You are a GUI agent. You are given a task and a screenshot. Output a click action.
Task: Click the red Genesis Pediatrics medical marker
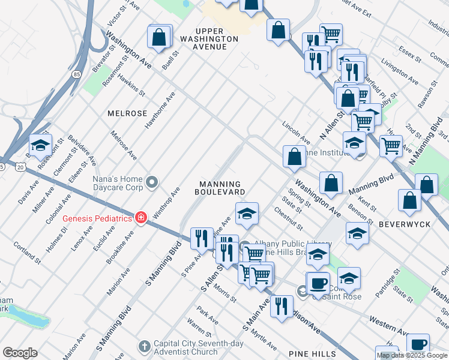pyautogui.click(x=140, y=217)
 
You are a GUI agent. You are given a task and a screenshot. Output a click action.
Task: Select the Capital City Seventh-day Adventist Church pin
pyautogui.click(x=143, y=346)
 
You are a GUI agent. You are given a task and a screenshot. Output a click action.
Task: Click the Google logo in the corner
pyautogui.click(x=20, y=353)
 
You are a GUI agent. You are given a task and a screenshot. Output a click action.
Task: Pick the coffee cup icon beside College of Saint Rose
pyautogui.click(x=318, y=282)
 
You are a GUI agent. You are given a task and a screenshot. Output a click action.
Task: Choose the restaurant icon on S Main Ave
pyautogui.click(x=281, y=305)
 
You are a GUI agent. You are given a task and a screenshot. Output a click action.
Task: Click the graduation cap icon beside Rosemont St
pyautogui.click(x=40, y=146)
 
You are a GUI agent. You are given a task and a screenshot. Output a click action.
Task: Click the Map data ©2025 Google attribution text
pyautogui.click(x=412, y=355)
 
